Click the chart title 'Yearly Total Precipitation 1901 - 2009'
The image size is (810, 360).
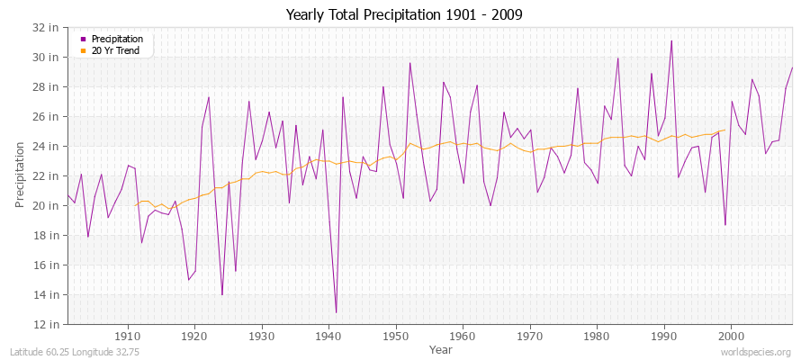coord(404,14)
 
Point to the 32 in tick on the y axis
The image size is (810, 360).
coord(47,28)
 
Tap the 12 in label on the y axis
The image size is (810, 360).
coord(47,324)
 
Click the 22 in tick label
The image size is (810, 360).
coord(47,176)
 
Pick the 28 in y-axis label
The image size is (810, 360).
coord(47,87)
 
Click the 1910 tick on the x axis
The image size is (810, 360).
coord(127,337)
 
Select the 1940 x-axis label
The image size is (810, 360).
coord(328,337)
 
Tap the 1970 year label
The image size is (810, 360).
coord(530,337)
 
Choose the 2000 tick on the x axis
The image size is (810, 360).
coord(732,337)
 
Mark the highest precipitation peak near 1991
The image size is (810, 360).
coord(671,40)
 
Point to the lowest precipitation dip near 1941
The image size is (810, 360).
coord(336,312)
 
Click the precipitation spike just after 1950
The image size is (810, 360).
coord(409,63)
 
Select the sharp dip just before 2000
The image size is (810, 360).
coord(725,225)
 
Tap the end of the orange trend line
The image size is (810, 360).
coord(725,130)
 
